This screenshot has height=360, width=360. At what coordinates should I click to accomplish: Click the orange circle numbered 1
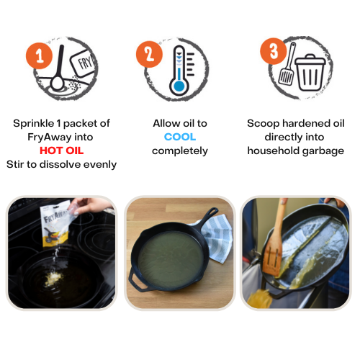click(x=39, y=56)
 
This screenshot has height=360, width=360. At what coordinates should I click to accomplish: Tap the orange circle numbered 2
click(x=149, y=54)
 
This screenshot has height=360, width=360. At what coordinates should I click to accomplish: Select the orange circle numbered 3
click(x=274, y=51)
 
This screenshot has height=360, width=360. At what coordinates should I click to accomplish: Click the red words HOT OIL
click(x=61, y=150)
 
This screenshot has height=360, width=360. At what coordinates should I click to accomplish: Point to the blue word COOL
click(x=180, y=137)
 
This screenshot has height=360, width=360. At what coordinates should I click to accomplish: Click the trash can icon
click(x=310, y=72)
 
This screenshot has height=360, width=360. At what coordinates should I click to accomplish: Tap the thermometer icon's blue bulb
click(x=179, y=86)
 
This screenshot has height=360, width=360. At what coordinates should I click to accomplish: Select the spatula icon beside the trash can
click(x=287, y=63)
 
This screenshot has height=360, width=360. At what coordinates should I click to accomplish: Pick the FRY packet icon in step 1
click(x=83, y=63)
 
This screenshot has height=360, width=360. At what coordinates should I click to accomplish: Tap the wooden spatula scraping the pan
click(x=274, y=240)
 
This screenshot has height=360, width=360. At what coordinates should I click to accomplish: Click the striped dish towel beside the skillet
click(x=217, y=238)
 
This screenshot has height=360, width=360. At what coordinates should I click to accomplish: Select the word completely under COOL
click(x=180, y=151)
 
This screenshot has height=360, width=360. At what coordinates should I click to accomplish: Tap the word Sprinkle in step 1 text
click(x=34, y=124)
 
